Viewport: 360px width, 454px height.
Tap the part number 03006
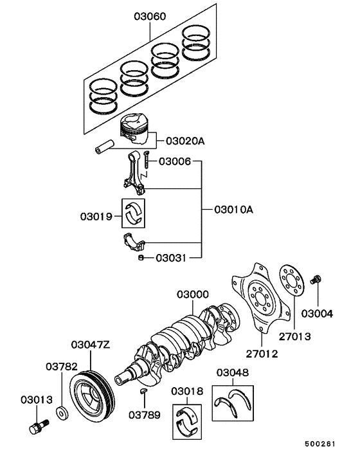[174, 161]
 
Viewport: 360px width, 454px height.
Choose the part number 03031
[170, 259]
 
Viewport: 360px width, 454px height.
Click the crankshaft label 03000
[193, 295]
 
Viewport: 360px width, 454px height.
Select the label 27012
[262, 354]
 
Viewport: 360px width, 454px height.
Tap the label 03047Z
[90, 345]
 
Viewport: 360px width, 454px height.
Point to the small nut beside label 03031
[141, 259]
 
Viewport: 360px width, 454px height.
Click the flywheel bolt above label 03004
[316, 280]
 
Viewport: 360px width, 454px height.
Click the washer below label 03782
[62, 412]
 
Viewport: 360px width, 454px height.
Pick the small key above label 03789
[144, 390]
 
